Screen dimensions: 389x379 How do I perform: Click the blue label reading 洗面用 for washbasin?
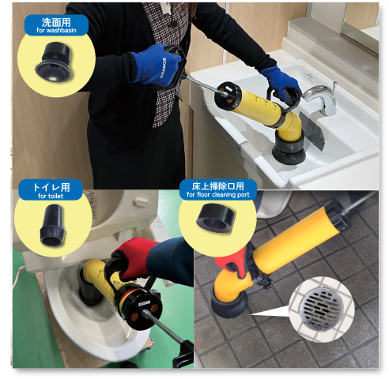coord(56,25)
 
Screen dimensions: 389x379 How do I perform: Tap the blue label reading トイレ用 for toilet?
coord(51,190)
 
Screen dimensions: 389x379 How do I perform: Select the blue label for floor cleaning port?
coord(218,189)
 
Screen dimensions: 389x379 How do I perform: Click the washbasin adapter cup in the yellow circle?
coord(55,62)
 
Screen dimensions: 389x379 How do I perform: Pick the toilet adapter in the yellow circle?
coord(53,226)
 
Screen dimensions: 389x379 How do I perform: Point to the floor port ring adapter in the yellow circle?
coord(216,218)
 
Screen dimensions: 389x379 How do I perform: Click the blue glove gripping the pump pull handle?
coord(156,65)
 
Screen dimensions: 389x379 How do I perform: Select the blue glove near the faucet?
coord(281,82)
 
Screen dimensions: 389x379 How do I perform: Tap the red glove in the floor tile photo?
coord(232,263)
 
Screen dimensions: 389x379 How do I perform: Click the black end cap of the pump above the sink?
coord(228,96)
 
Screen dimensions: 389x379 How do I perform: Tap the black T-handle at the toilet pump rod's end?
coord(183,355)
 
